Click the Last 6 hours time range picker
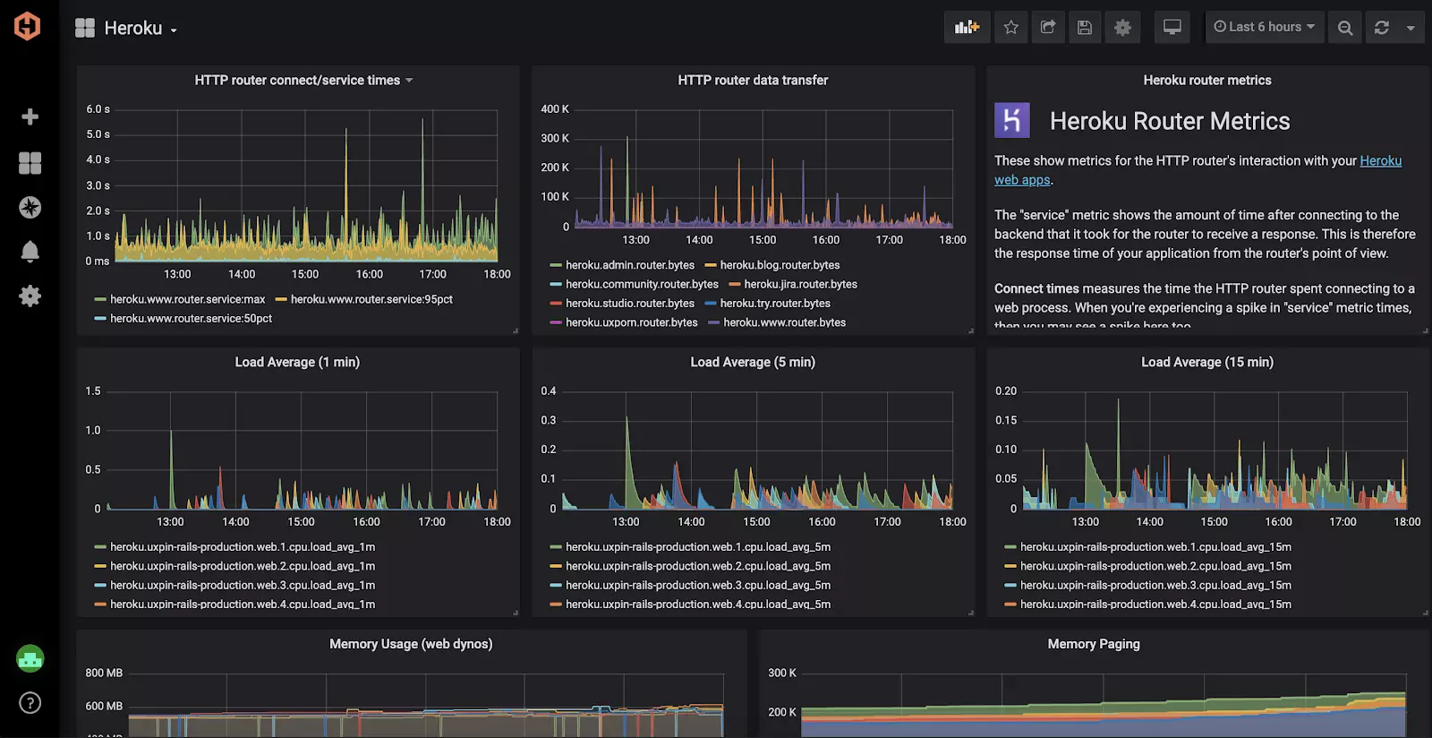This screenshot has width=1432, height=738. point(1264,27)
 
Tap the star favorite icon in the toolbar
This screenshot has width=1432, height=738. point(1011,28)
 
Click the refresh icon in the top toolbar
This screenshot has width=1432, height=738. point(1381,28)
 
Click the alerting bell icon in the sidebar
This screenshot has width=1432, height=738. point(30,252)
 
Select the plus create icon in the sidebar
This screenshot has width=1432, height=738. point(30,117)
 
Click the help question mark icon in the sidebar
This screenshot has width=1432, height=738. point(30,703)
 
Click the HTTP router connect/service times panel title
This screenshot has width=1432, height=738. point(297,81)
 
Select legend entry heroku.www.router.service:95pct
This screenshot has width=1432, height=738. point(371,299)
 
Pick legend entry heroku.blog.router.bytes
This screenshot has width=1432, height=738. point(780,265)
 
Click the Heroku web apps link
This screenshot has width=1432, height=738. point(1380,161)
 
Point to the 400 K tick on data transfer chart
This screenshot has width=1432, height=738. point(554,109)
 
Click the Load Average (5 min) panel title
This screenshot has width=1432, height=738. point(753,362)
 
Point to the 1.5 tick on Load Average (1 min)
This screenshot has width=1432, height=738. point(93,391)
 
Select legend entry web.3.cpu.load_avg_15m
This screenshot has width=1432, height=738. point(1155,585)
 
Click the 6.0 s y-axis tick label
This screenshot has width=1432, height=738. point(98,109)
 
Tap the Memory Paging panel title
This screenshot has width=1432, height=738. point(1094,644)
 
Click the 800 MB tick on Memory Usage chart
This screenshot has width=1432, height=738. point(104,673)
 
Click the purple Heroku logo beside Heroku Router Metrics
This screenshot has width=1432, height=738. point(1012,120)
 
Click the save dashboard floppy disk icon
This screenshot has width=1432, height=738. point(1084,28)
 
